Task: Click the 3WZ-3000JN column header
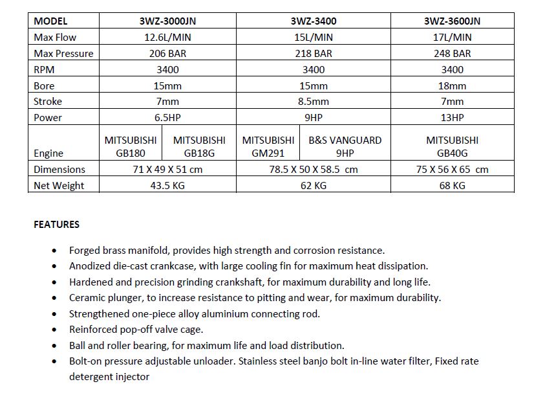click(168, 21)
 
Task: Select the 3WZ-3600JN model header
click(452, 21)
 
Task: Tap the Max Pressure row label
click(63, 54)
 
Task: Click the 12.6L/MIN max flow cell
click(168, 38)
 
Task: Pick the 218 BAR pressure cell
click(314, 54)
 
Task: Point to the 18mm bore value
click(452, 85)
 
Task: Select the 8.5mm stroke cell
click(314, 102)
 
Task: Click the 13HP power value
click(452, 118)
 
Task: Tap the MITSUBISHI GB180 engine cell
click(130, 146)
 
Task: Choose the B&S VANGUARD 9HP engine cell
click(345, 146)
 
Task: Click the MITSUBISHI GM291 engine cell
click(268, 146)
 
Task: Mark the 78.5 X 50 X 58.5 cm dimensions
click(314, 170)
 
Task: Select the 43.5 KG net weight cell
click(168, 186)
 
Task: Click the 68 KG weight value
click(452, 186)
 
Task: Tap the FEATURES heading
click(57, 225)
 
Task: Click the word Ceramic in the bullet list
click(87, 298)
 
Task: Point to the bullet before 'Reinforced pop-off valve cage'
click(54, 330)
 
